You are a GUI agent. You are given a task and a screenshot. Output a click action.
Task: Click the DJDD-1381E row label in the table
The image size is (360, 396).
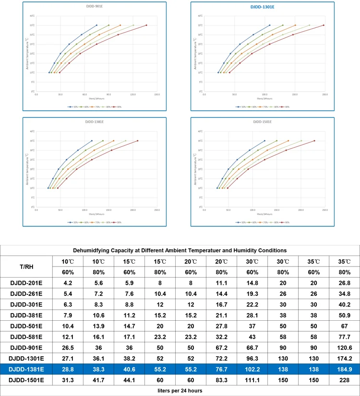[x=27, y=369]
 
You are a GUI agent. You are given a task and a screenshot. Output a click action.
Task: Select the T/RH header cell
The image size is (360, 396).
[x=27, y=266]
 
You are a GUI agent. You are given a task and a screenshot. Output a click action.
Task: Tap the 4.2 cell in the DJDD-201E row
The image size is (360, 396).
[x=68, y=283]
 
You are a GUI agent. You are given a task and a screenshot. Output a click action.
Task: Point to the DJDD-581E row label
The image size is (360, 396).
[x=27, y=337]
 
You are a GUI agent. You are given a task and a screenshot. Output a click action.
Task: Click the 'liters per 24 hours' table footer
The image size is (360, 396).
[x=180, y=391]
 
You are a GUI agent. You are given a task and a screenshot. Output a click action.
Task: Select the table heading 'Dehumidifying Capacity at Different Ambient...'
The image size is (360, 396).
[x=180, y=250]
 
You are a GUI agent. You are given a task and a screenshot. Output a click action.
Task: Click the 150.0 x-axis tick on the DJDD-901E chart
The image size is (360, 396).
[x=157, y=95]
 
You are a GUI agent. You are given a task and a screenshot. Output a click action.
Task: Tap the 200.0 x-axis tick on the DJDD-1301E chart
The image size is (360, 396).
[x=324, y=95]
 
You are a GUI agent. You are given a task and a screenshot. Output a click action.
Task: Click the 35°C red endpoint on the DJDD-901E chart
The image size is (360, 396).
[x=146, y=25]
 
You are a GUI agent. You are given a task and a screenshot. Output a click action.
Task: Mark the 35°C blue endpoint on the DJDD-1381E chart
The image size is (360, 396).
[x=92, y=140]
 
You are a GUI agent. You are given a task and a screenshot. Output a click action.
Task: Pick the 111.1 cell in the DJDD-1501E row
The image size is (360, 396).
[x=252, y=380]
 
